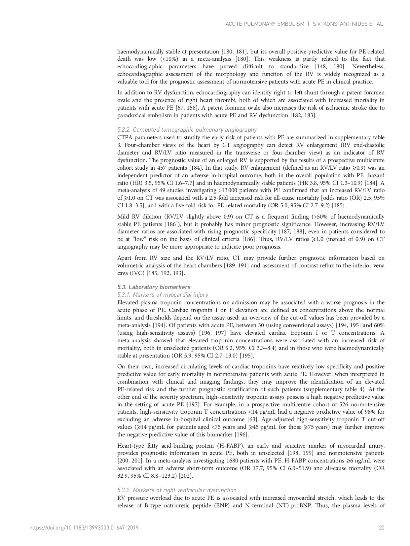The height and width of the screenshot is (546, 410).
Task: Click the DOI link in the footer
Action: click(84, 528)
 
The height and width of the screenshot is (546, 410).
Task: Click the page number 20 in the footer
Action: click(382, 528)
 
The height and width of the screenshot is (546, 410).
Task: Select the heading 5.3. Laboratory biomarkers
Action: click(154, 287)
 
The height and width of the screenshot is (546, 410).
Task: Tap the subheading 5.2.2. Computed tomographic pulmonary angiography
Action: click(187, 130)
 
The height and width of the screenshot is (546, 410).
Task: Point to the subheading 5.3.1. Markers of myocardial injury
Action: click(163, 295)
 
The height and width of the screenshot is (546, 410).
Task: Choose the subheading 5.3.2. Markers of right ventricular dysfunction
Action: click(177, 490)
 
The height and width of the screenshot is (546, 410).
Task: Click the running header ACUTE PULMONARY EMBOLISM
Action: click(265, 24)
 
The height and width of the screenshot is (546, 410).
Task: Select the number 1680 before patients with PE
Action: click(233, 461)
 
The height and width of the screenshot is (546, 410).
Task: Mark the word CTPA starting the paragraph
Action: click(125, 138)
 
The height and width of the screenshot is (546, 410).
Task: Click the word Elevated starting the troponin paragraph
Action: click(128, 303)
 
